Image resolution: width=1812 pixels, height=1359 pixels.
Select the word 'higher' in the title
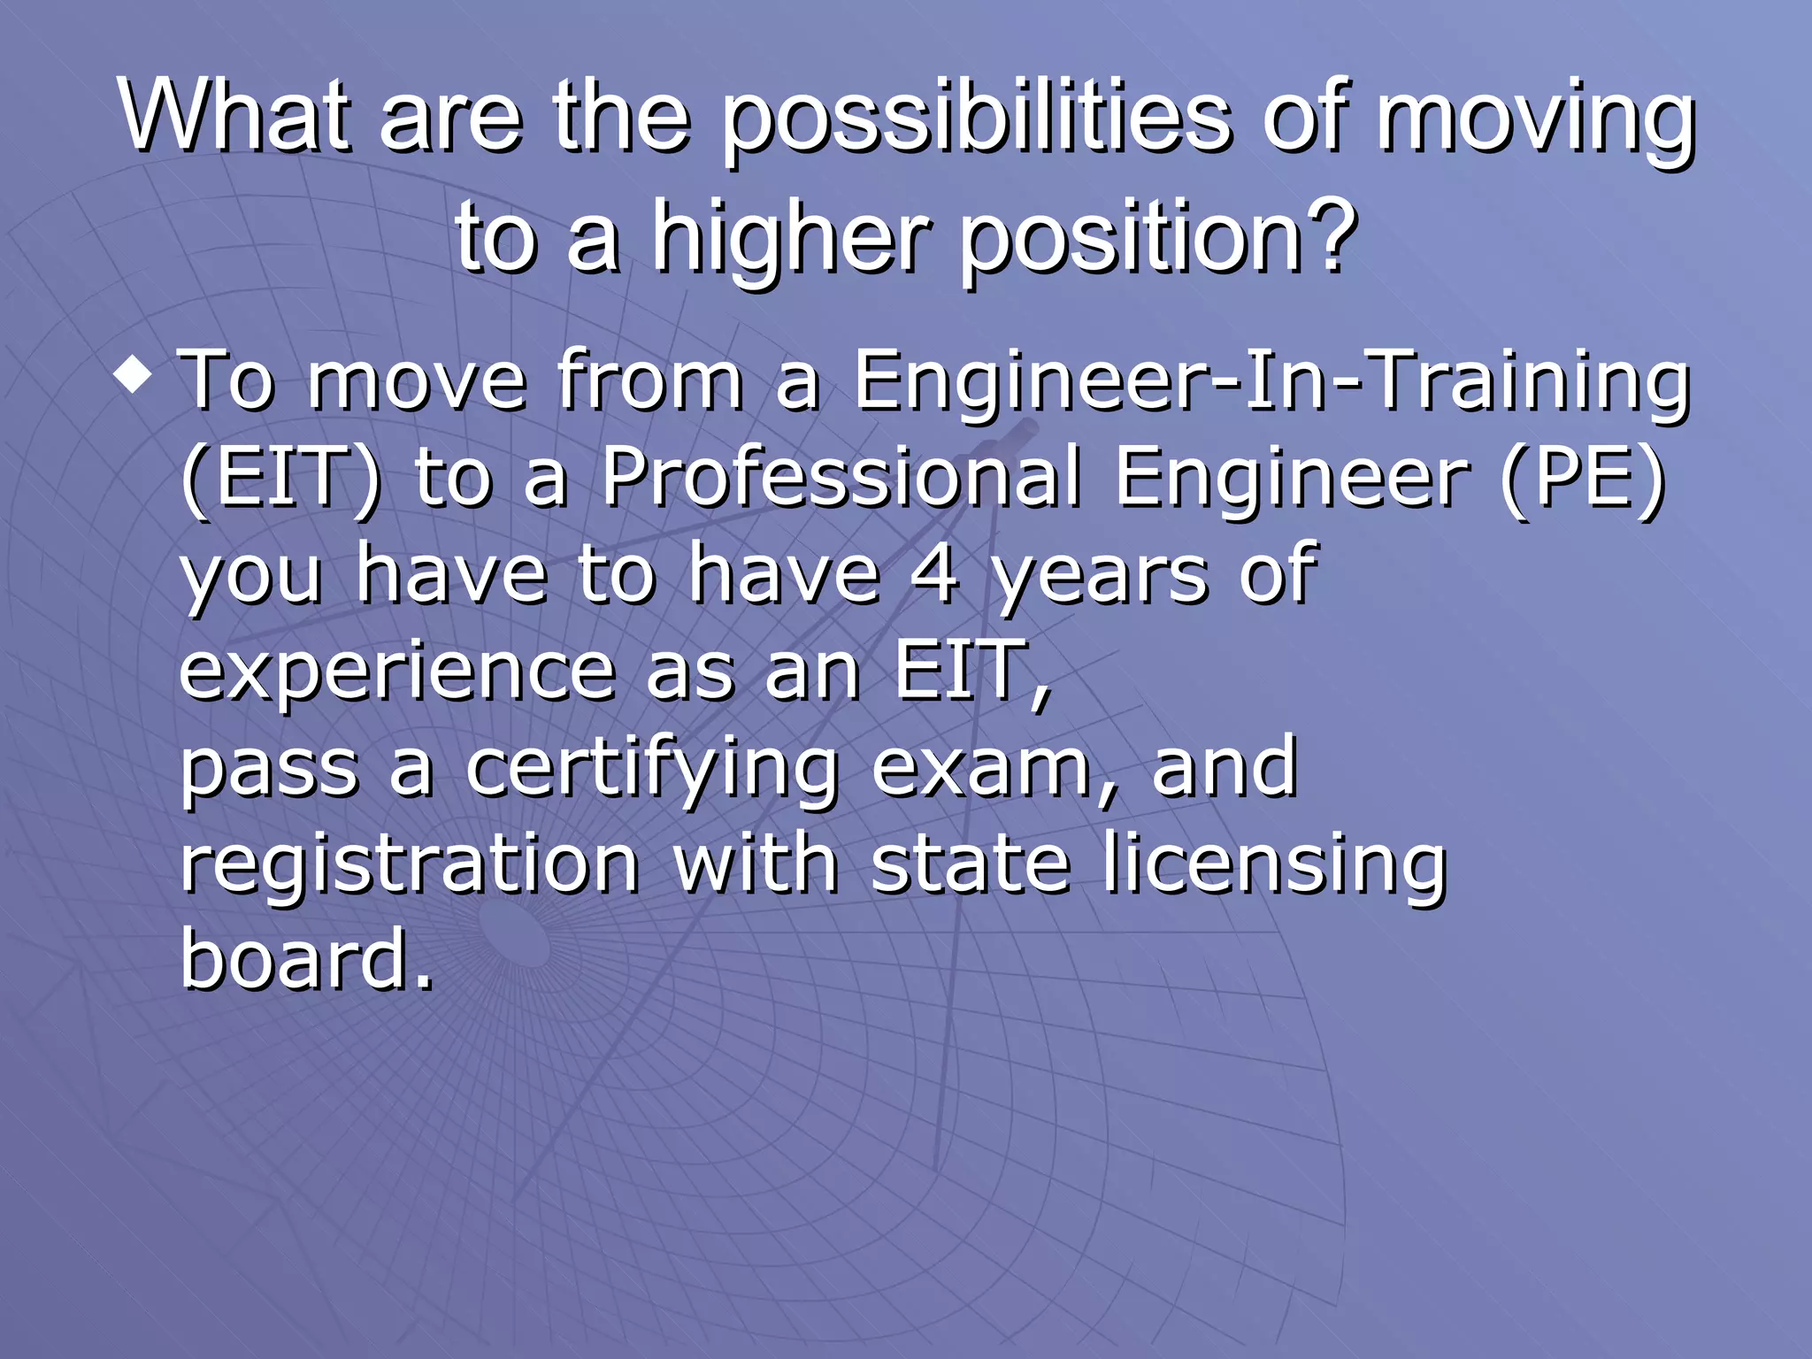pos(791,237)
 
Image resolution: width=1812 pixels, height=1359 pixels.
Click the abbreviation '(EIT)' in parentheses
pos(281,478)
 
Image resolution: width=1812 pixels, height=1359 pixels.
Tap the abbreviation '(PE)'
pos(1583,478)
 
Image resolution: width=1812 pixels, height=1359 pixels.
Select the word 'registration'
pos(410,865)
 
